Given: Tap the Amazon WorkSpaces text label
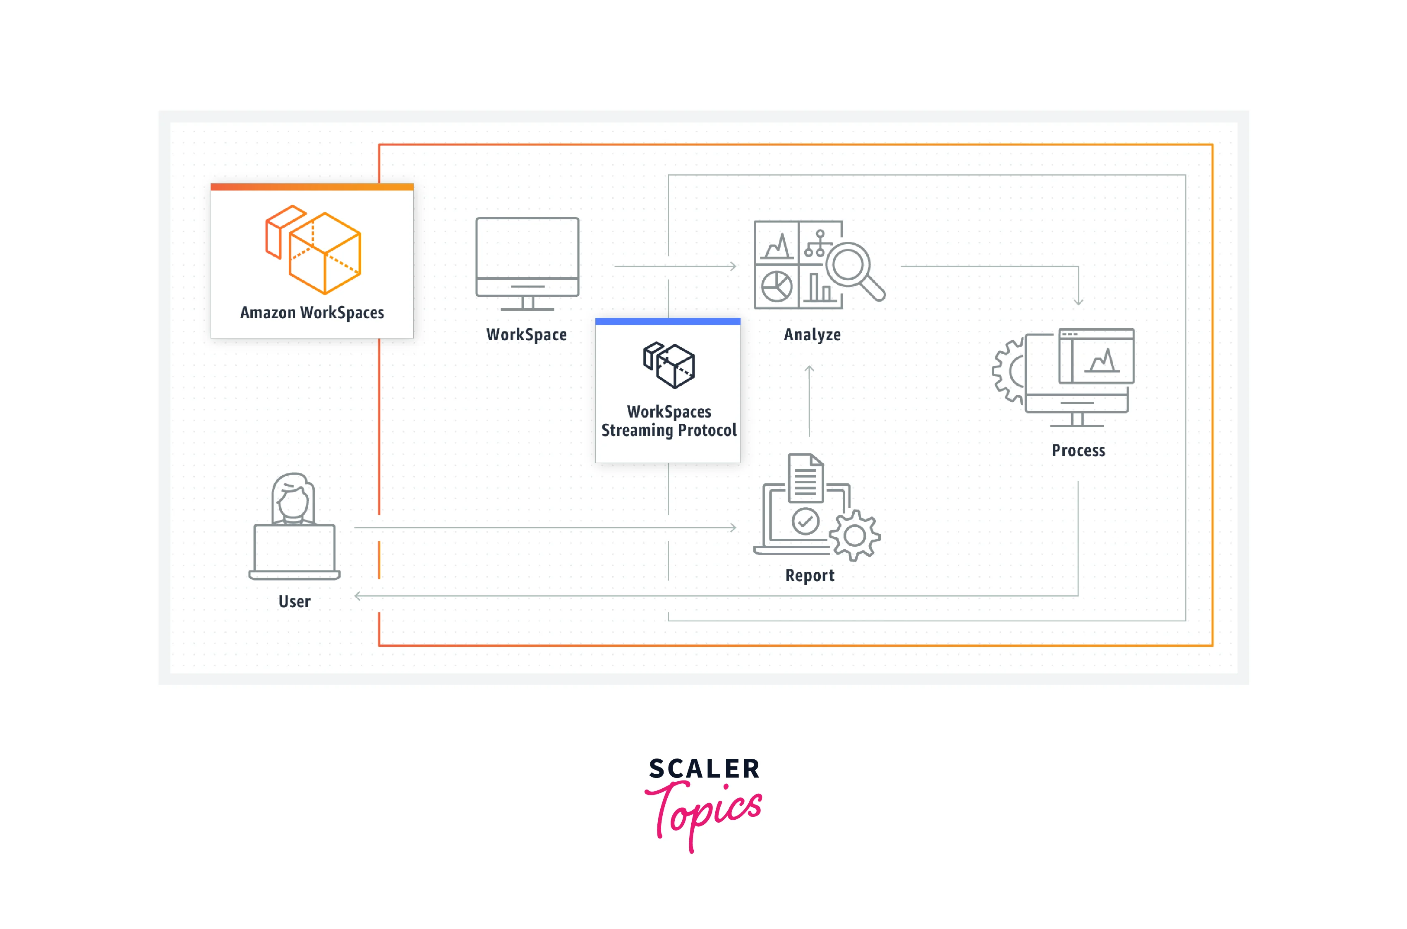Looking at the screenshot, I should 312,312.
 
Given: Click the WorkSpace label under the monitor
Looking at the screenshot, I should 527,335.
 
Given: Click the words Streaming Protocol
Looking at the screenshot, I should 669,430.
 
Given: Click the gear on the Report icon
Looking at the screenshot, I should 855,535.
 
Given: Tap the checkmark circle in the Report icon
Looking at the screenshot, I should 805,521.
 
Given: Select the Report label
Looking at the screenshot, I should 810,576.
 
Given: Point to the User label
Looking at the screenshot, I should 294,602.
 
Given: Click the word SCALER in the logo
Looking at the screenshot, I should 704,769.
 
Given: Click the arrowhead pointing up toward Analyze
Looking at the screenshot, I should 810,369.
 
